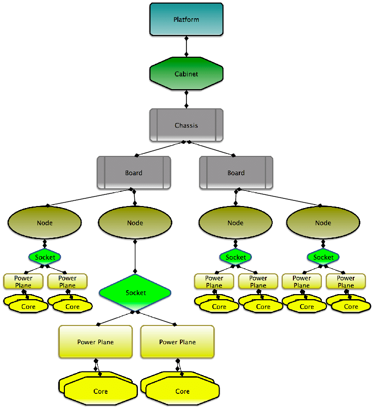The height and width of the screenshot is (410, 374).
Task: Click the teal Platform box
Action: pos(186,19)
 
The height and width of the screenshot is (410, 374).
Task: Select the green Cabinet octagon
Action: pos(186,74)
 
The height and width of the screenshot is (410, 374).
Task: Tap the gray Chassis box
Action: pos(186,125)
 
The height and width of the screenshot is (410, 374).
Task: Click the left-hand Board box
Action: pos(134,173)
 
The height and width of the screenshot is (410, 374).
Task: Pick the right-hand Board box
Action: pos(236,173)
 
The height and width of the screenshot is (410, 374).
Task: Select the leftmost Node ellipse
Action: pos(45,223)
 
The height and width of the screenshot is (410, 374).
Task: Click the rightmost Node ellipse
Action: pos(323,223)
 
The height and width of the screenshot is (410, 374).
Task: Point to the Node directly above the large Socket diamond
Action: pos(135,223)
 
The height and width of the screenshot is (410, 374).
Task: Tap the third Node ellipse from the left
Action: pos(235,223)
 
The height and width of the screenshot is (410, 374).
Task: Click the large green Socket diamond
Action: pos(135,293)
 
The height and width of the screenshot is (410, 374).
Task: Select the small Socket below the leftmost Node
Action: pos(45,257)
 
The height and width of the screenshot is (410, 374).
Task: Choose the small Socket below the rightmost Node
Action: pos(323,257)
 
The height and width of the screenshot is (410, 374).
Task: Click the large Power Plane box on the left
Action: pos(95,342)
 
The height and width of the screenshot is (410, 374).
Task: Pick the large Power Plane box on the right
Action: pos(177,342)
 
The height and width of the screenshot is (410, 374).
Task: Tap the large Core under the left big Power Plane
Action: pos(100,391)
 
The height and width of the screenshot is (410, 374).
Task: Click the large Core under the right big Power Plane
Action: pos(182,391)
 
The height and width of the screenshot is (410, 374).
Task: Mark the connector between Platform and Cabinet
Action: pos(186,47)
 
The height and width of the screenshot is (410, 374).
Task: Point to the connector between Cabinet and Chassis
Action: pos(186,99)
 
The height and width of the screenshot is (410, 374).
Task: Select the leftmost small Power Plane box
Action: pos(23,281)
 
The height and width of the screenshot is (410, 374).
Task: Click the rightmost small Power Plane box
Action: pos(346,281)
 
